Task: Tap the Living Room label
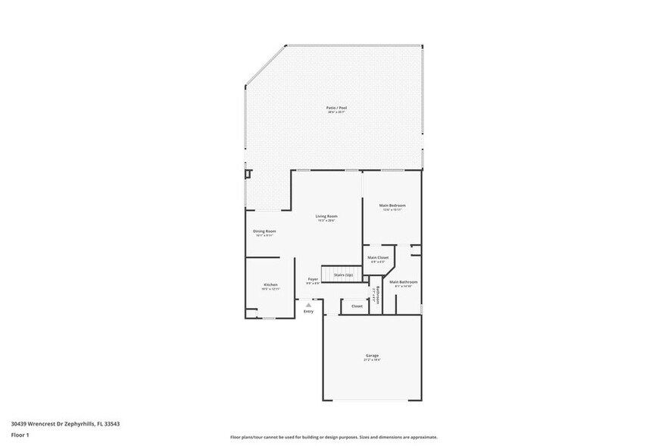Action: pos(326,217)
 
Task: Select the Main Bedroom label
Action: pos(392,206)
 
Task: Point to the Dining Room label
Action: pos(264,231)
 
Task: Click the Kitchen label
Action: pos(270,284)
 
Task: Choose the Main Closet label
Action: pos(378,258)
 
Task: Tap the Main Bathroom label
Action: pos(404,281)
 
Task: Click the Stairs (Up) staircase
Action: pos(339,274)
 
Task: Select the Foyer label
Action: pos(312,279)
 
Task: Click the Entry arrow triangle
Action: pos(308,304)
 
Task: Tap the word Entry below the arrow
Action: pos(308,312)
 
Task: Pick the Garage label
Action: pos(372,356)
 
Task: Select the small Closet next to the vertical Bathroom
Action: pos(357,306)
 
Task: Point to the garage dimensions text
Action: pos(372,360)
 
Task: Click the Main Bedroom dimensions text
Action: pos(392,210)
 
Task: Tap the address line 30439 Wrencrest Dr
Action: pos(65,424)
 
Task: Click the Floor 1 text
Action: pos(20,435)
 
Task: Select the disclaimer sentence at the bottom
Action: pos(333,438)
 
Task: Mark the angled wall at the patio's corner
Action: pos(265,65)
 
